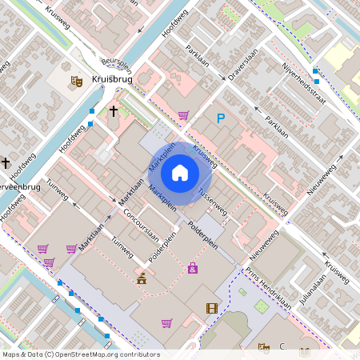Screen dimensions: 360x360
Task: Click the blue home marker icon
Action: (180, 173)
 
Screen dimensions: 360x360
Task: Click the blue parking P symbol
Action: (221, 118)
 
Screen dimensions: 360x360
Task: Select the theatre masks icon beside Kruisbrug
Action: (77, 81)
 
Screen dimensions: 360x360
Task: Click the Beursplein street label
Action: (116, 62)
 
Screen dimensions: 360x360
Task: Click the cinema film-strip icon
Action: (211, 308)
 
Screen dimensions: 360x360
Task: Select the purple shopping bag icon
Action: (193, 267)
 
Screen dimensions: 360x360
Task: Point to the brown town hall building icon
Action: (142, 278)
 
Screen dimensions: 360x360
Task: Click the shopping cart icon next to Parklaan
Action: (183, 115)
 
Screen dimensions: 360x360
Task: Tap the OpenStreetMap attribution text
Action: (81, 354)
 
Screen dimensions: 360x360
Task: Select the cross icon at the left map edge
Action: (6, 162)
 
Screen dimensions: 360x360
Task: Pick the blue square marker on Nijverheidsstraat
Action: (316, 71)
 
